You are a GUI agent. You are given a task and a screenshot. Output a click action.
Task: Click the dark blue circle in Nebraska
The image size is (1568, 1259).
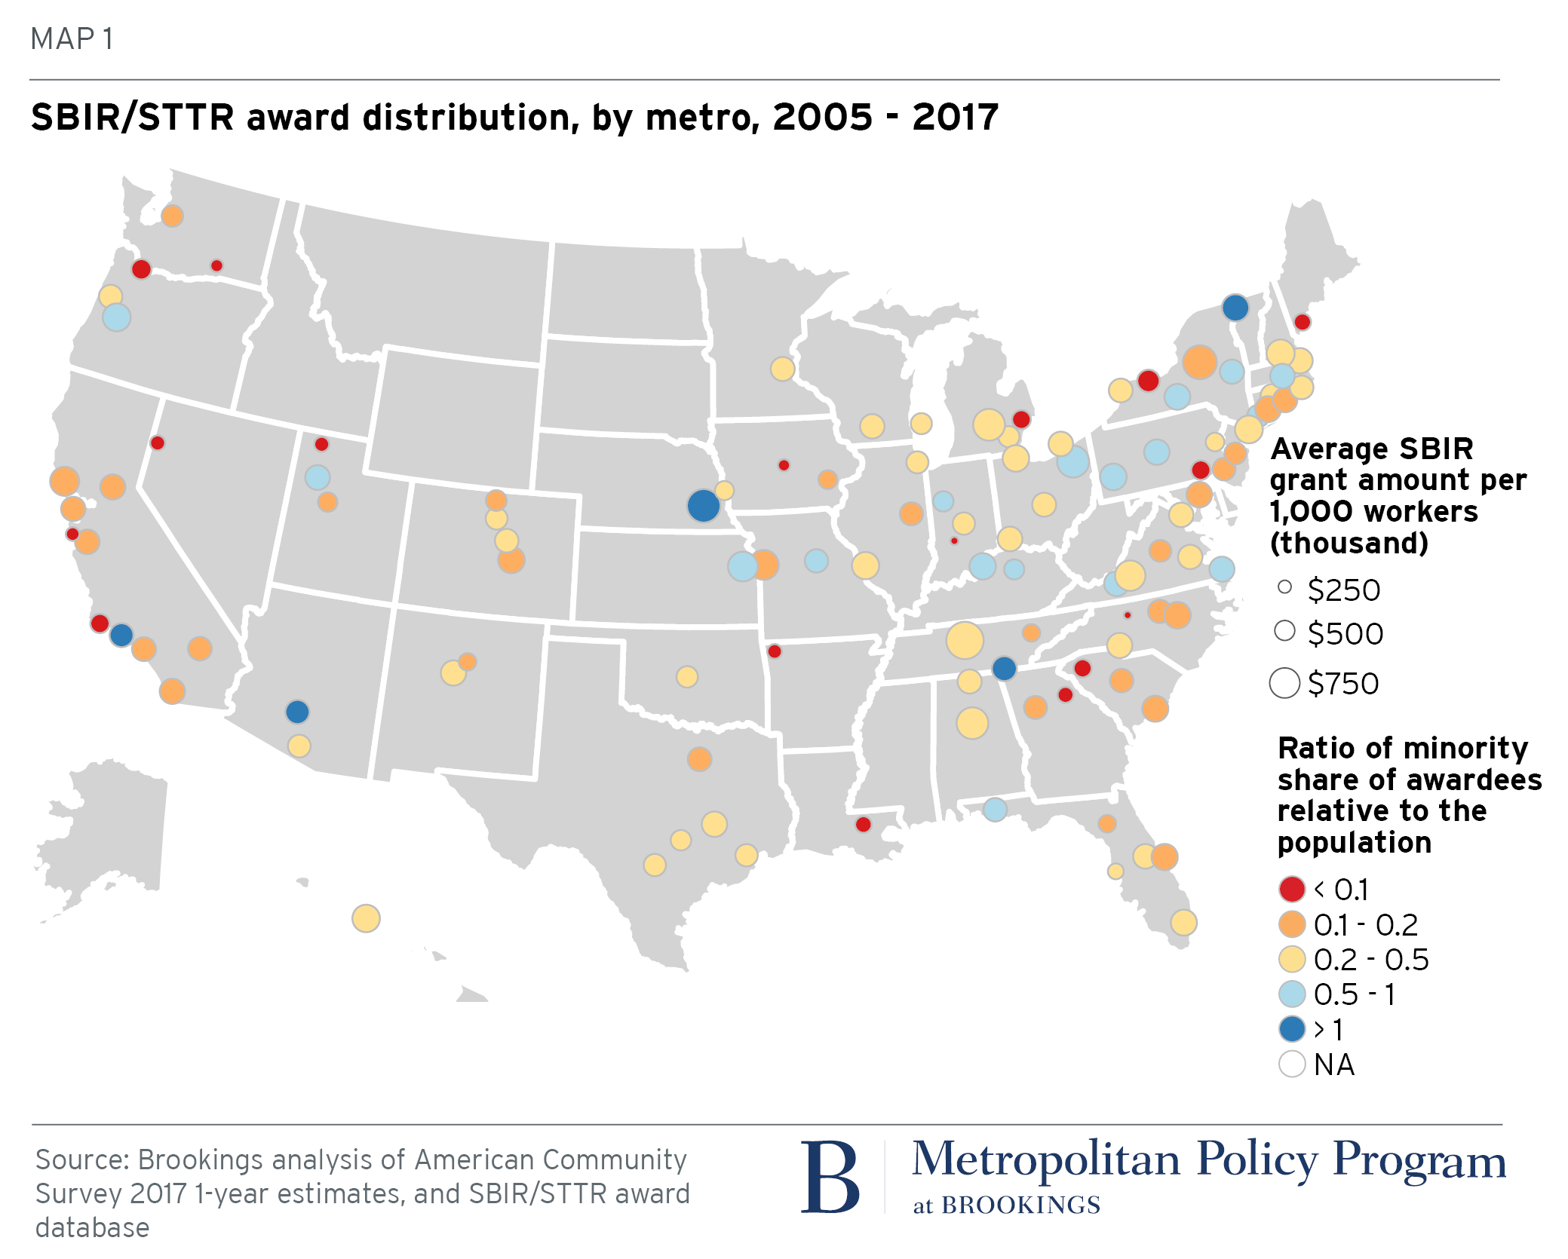click(x=703, y=505)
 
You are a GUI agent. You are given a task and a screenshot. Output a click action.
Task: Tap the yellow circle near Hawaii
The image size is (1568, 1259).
click(x=366, y=918)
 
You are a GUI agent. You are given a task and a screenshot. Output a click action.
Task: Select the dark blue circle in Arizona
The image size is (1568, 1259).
click(x=297, y=711)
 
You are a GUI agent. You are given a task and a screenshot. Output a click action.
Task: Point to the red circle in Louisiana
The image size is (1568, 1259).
click(x=864, y=824)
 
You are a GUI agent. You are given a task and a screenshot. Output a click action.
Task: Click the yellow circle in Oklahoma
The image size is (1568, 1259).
click(x=686, y=676)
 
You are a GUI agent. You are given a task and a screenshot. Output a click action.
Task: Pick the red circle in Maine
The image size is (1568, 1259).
click(x=1302, y=322)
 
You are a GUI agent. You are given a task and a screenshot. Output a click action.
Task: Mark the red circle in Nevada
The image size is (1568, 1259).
click(x=158, y=443)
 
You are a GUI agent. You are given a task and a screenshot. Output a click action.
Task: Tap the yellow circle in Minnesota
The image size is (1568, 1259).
click(x=782, y=369)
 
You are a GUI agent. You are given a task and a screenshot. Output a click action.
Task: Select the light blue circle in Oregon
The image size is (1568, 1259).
click(x=116, y=317)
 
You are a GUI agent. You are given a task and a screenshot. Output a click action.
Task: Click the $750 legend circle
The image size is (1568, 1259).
click(x=1284, y=683)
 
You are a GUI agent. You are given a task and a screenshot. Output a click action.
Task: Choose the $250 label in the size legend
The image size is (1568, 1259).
click(x=1344, y=590)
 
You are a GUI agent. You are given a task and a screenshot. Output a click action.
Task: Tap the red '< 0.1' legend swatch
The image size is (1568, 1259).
click(x=1292, y=889)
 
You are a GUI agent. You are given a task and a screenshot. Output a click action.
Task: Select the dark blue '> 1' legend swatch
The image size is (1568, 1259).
click(x=1292, y=1029)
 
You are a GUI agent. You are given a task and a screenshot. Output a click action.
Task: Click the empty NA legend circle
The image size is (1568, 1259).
click(x=1292, y=1064)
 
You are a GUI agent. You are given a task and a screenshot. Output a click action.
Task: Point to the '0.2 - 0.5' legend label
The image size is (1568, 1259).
click(x=1371, y=960)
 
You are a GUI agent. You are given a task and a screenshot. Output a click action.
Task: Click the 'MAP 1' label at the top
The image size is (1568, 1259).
click(x=72, y=38)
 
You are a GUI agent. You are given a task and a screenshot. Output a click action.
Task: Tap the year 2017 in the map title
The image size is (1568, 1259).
click(x=955, y=118)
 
